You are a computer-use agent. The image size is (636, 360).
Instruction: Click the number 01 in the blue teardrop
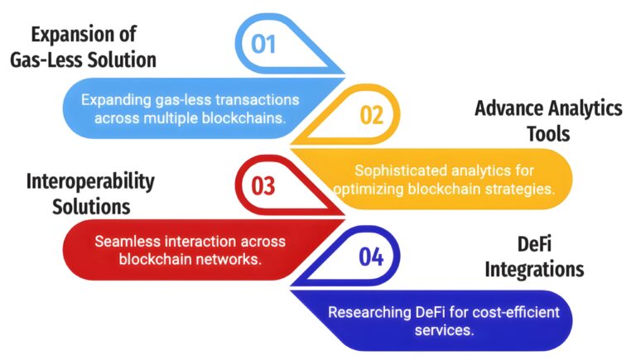263,43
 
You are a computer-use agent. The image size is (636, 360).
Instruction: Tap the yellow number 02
371,114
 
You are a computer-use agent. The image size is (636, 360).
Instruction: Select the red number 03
263,186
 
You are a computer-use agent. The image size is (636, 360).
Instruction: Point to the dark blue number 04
371,257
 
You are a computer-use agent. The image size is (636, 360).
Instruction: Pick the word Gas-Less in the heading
57,60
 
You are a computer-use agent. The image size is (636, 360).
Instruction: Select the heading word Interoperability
90,181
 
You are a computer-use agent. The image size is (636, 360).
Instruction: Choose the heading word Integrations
534,269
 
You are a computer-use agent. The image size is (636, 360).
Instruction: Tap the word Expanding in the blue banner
114,99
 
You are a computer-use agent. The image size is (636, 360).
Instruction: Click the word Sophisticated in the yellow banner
397,170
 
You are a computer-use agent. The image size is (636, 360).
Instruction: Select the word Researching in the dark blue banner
369,313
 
